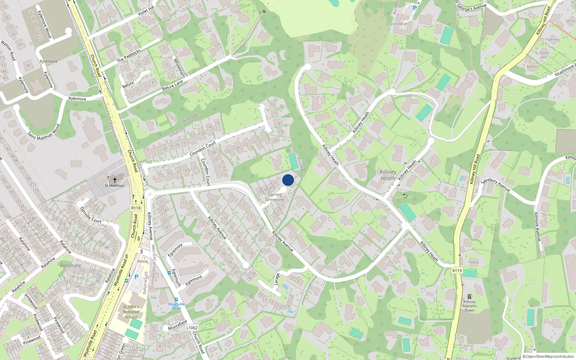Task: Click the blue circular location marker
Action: (x=288, y=180)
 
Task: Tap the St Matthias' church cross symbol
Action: (x=115, y=180)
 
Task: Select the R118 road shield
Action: (x=136, y=208)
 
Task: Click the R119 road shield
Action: (x=457, y=270)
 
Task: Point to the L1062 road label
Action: (x=192, y=328)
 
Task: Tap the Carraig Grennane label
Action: (x=275, y=197)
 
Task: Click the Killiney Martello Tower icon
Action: (x=469, y=297)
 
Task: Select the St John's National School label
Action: (x=131, y=312)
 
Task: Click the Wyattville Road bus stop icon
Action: (x=176, y=300)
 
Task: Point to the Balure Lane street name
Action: (x=172, y=85)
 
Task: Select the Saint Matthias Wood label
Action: (x=44, y=132)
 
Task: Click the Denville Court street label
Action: (x=91, y=215)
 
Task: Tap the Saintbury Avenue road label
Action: (x=496, y=185)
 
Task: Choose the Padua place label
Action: (x=474, y=262)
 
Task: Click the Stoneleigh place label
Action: (x=399, y=24)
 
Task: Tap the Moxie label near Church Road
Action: (x=143, y=261)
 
